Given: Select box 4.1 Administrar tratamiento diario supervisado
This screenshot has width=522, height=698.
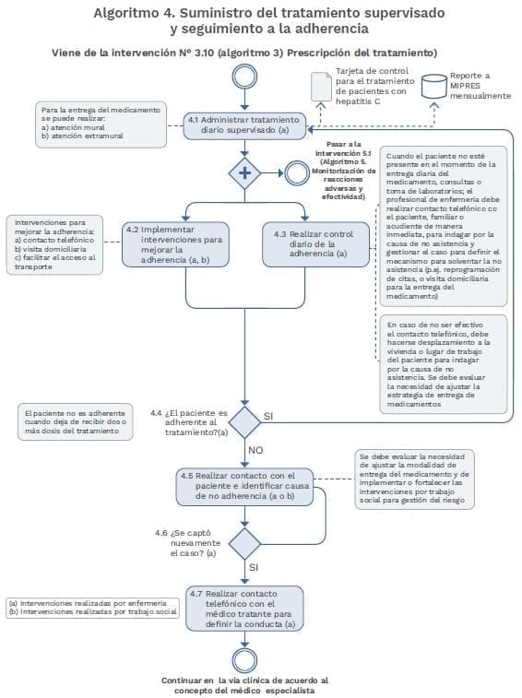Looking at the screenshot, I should (x=244, y=125).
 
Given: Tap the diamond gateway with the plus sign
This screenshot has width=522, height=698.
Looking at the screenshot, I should (x=245, y=172).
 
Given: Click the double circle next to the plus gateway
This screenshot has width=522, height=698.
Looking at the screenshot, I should (x=296, y=172).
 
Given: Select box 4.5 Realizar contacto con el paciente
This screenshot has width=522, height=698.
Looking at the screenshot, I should (x=245, y=485).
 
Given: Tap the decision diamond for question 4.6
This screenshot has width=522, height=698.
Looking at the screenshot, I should (x=245, y=542).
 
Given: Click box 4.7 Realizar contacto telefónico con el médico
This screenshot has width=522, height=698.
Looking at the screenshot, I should (x=245, y=609).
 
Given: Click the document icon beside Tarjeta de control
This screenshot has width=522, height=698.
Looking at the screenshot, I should (x=319, y=86).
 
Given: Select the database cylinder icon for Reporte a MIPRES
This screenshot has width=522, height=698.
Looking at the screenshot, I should (x=433, y=85).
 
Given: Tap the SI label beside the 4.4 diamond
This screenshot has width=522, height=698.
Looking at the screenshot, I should (x=268, y=416).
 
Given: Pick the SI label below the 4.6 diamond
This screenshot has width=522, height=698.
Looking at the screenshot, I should (x=255, y=568).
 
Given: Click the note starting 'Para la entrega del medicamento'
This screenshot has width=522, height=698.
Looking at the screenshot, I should (x=101, y=124).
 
